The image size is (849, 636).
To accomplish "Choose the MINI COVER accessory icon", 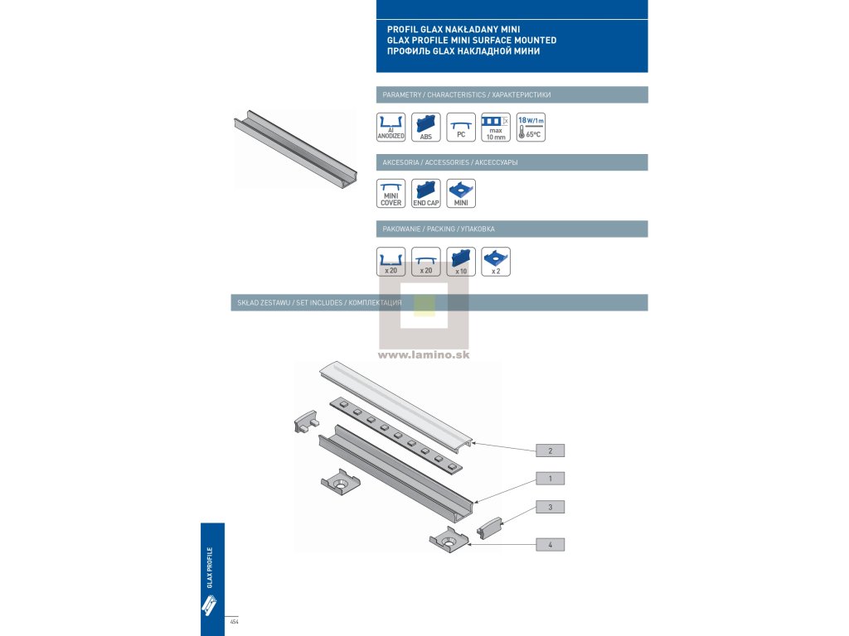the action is click(x=391, y=194).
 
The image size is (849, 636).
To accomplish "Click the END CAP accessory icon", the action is click(x=426, y=194).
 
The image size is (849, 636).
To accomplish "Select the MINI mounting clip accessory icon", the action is click(x=461, y=194).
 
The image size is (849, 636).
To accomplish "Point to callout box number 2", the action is click(x=551, y=450).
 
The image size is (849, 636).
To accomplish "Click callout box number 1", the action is click(x=551, y=479).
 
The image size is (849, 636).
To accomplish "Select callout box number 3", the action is click(x=551, y=506).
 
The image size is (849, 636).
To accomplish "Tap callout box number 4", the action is click(x=551, y=545).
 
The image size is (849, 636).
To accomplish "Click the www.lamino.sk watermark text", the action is click(x=424, y=354).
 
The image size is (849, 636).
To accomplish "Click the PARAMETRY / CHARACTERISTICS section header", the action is click(x=463, y=95).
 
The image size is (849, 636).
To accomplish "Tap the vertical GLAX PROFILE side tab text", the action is click(x=211, y=567).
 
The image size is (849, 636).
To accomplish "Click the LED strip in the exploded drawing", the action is click(x=397, y=435).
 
